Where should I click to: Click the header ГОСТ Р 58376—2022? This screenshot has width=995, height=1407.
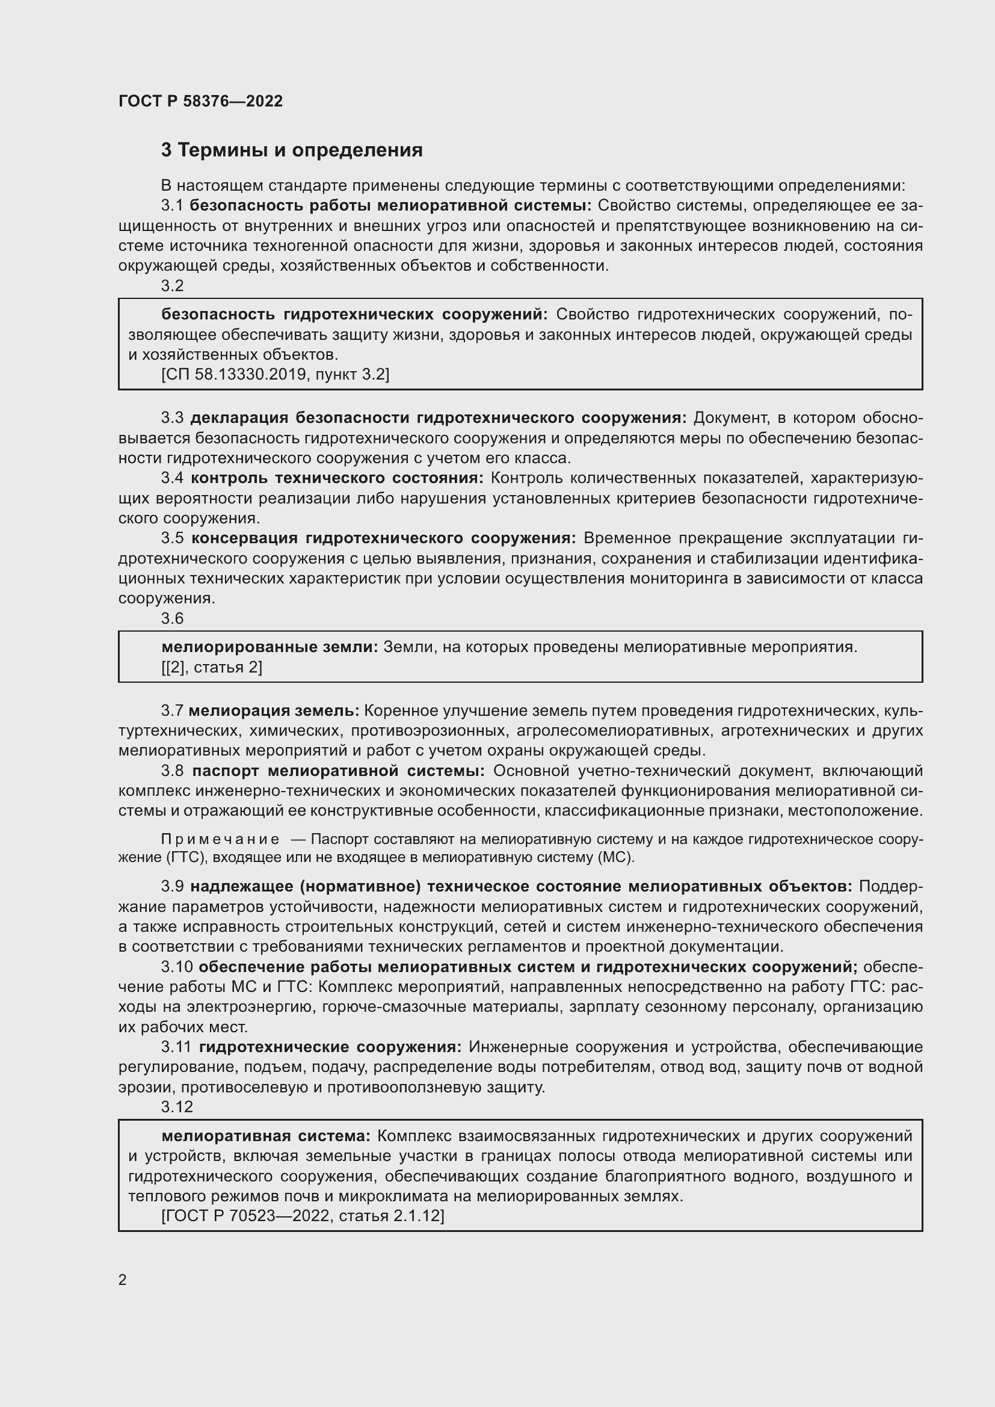[x=200, y=101]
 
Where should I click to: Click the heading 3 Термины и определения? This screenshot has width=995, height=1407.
[x=292, y=150]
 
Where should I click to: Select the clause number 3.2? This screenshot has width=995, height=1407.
[x=172, y=286]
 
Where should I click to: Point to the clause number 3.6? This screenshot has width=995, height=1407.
[x=172, y=618]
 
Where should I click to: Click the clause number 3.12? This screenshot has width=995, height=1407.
[x=176, y=1107]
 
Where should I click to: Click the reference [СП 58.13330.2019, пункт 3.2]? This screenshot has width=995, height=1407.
[x=275, y=374]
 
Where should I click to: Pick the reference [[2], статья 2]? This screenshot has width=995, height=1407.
[x=211, y=667]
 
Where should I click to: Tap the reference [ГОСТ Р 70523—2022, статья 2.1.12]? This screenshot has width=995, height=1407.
[x=302, y=1215]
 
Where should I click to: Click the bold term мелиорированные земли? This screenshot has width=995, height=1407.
[x=270, y=647]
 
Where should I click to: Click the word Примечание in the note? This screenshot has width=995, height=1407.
[x=220, y=839]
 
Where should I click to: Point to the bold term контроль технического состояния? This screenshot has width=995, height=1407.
[x=337, y=478]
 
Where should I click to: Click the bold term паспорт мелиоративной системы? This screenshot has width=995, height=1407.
[x=338, y=771]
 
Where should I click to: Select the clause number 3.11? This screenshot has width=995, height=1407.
[x=176, y=1047]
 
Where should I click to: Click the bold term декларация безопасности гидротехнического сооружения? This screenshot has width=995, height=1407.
[x=439, y=417]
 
